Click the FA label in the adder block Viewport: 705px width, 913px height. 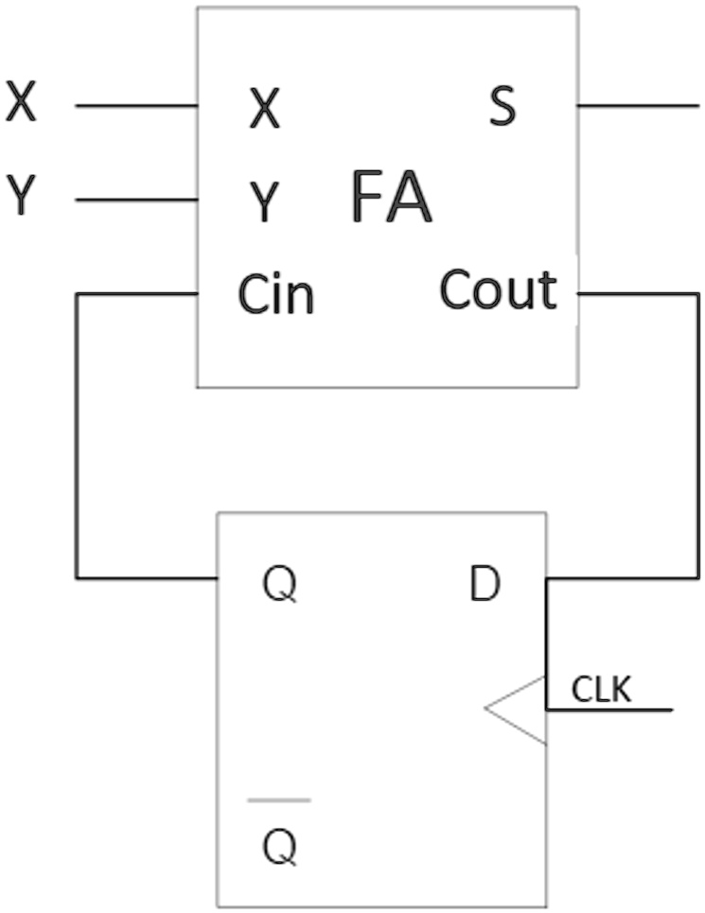391,197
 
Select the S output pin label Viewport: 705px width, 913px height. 502,107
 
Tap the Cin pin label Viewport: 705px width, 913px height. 275,295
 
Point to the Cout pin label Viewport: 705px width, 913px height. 498,290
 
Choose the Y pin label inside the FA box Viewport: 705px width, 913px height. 265,202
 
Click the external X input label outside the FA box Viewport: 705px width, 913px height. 21,102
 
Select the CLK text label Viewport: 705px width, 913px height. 601,691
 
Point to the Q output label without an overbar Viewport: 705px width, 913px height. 279,586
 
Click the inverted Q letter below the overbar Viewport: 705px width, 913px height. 279,848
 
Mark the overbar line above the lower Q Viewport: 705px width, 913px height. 279,800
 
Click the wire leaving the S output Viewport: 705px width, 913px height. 638,106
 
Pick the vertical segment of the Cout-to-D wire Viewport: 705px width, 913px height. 698,435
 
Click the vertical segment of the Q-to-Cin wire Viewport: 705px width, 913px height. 77,435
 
